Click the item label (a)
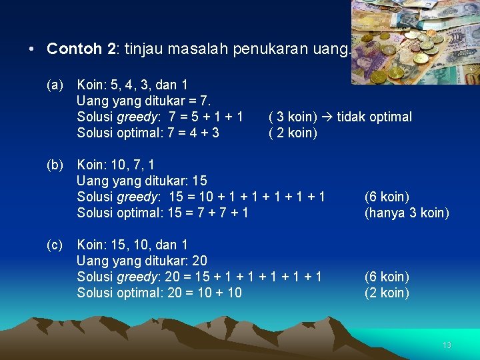(55, 85)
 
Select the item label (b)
(55, 165)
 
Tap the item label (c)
(55, 245)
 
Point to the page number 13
(447, 345)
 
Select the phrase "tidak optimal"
(374, 117)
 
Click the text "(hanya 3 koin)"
(407, 213)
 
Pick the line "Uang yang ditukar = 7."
(143, 101)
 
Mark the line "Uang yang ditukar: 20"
(141, 261)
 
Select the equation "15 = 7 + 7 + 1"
(209, 213)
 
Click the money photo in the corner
(415, 41)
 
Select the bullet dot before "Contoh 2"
(31, 49)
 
